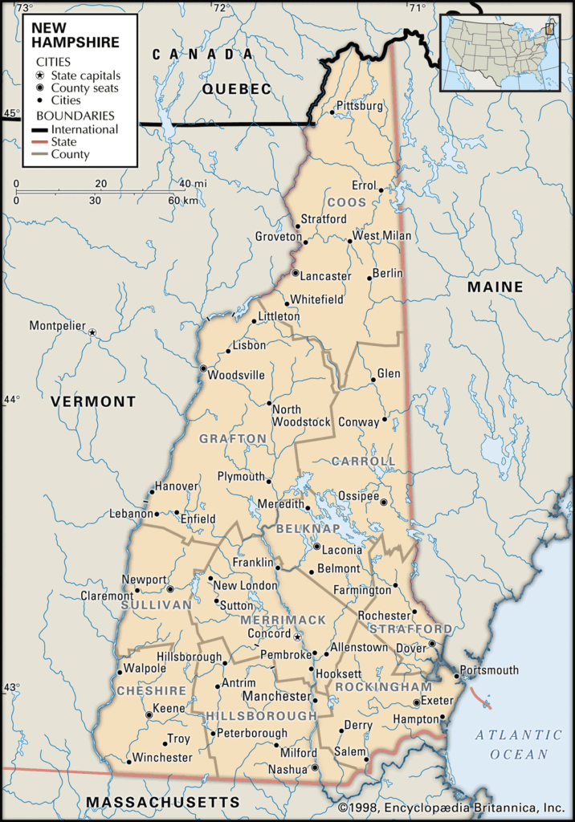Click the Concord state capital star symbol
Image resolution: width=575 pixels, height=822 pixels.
(x=297, y=637)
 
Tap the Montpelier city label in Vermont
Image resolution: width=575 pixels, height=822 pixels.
(x=56, y=325)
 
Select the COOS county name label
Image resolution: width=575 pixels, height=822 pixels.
(x=346, y=202)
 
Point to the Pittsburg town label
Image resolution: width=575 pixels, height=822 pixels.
(x=359, y=106)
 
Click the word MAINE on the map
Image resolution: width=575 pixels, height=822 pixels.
(x=495, y=287)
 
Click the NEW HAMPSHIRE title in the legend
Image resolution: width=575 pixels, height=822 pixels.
(x=75, y=35)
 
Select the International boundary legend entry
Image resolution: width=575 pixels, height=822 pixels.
(x=84, y=129)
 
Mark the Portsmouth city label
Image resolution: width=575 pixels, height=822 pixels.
(x=488, y=669)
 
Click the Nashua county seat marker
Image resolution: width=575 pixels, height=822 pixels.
(x=315, y=768)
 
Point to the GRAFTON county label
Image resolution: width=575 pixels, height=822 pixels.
(x=233, y=438)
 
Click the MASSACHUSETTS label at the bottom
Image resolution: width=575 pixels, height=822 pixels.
(x=163, y=802)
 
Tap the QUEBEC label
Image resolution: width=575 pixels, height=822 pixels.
(x=237, y=89)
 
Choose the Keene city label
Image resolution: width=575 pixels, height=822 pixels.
(x=169, y=709)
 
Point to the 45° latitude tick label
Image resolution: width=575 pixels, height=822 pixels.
(x=10, y=113)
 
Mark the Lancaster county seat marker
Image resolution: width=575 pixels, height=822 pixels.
(x=296, y=274)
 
